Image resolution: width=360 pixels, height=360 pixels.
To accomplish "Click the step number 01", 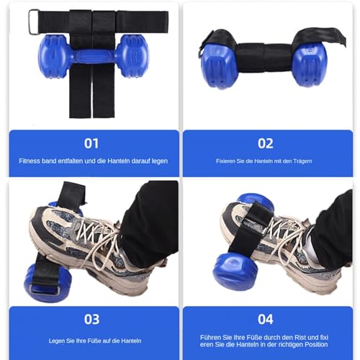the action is point(91,143).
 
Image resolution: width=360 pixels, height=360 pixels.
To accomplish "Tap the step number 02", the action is point(266,143).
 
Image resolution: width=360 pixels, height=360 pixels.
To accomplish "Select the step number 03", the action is point(91,320).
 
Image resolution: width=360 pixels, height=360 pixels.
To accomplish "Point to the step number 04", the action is point(266,320).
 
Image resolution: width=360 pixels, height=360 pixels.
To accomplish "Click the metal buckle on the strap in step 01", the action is point(34,22).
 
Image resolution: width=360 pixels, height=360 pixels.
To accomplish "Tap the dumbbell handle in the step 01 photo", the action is point(93,56).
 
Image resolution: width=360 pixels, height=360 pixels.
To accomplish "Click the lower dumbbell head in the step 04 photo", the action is point(233,271).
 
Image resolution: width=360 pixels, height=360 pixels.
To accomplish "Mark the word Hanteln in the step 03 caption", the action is point(131,341).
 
